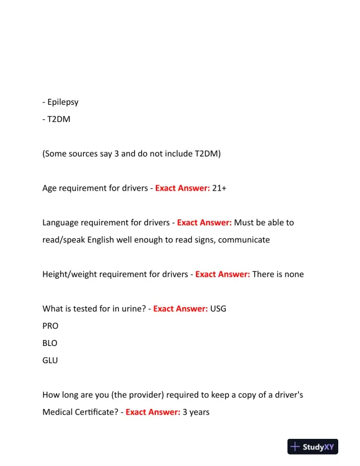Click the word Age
pos(51,188)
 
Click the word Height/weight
pos(73,274)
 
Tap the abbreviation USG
pos(219,309)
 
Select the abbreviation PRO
pos(51,326)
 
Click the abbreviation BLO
pos(50,343)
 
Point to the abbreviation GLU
pos(50,360)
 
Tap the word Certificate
pos(96,412)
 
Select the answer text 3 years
pos(196,412)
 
